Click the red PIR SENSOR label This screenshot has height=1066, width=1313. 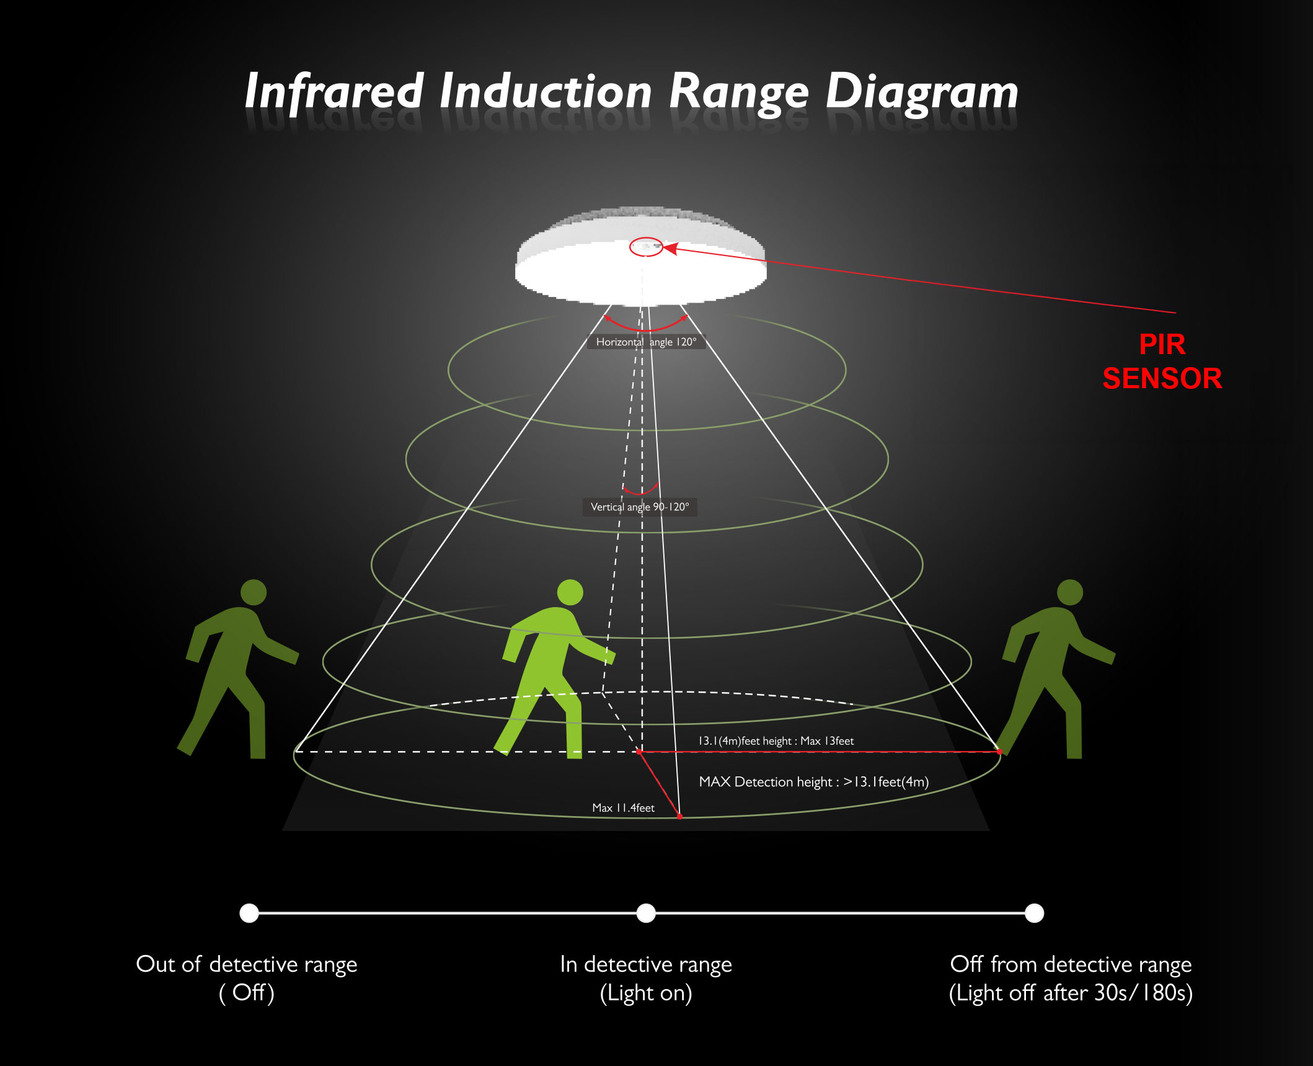[1162, 362]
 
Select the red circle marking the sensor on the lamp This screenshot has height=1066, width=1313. [646, 247]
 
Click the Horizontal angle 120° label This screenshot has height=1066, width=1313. [646, 342]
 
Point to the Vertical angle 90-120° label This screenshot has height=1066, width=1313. [640, 507]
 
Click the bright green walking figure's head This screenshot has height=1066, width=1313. [570, 592]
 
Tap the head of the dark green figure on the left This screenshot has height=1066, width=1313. [253, 592]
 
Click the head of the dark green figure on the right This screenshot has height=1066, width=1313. [1069, 592]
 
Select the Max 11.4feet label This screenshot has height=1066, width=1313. [623, 807]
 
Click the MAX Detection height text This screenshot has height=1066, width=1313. [813, 781]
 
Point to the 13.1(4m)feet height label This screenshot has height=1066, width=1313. [776, 740]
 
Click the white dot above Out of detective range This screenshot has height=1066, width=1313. [249, 913]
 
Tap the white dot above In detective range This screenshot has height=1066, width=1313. [646, 913]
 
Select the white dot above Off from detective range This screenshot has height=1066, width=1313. [1034, 913]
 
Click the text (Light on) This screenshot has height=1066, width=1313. [646, 993]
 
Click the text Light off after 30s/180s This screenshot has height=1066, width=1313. [1071, 993]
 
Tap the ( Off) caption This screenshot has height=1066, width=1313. [247, 993]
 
